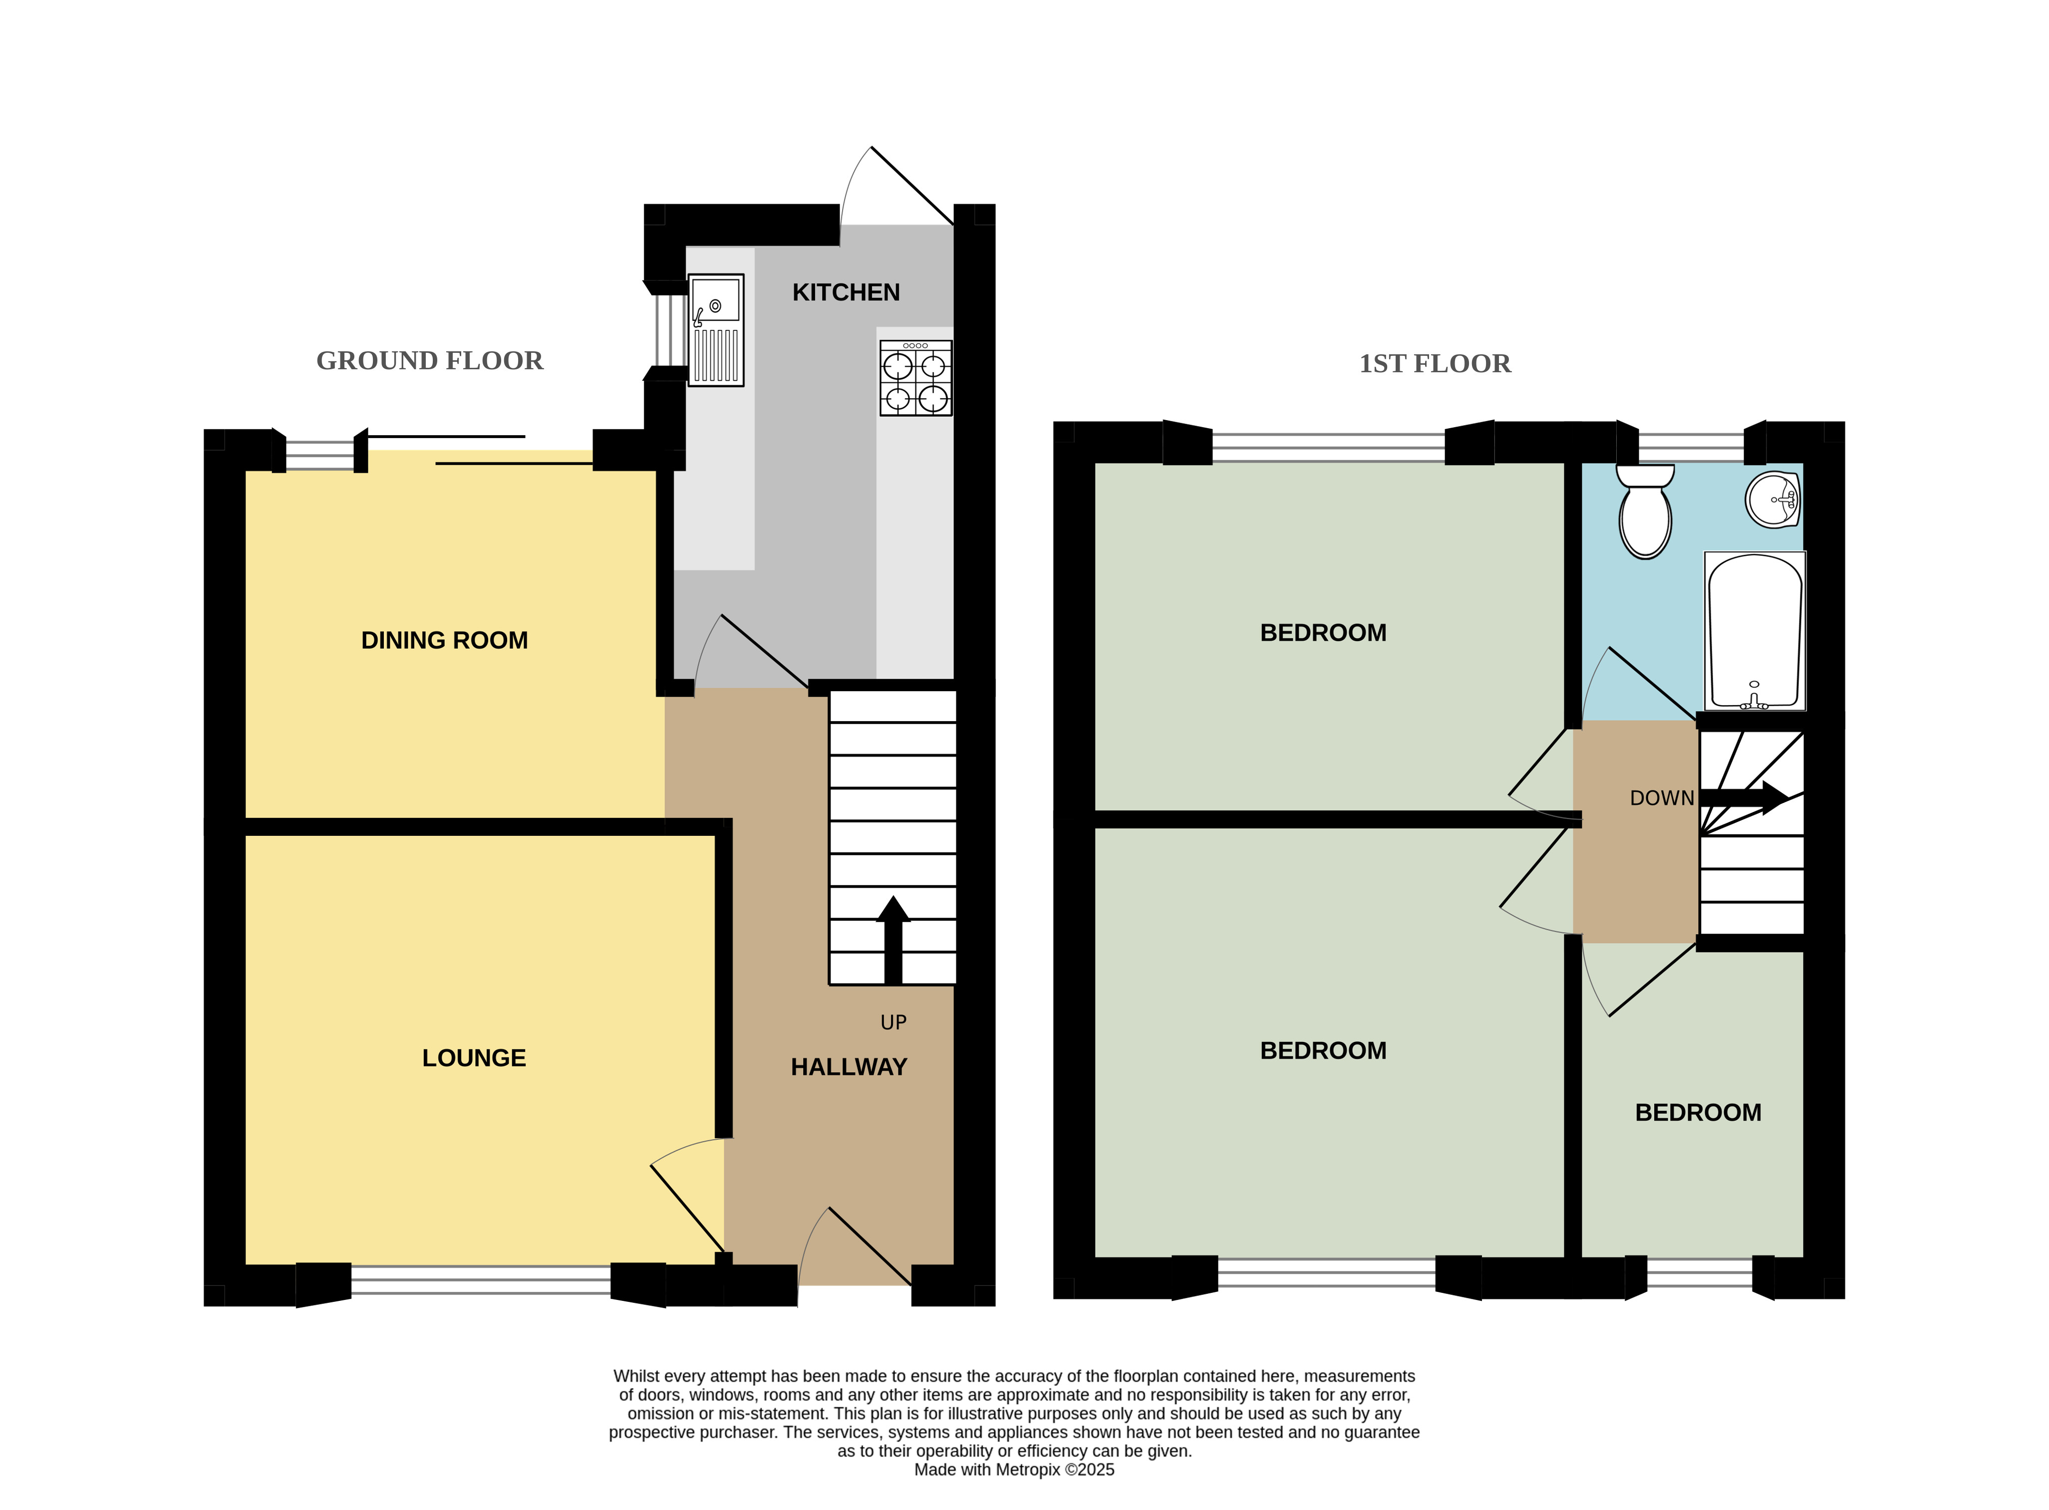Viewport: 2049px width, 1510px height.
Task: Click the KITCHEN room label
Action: point(845,292)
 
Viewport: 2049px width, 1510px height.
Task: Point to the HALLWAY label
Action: point(849,1067)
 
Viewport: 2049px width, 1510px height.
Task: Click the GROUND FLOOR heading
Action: point(430,361)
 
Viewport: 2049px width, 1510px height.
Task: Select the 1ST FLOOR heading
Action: point(1435,364)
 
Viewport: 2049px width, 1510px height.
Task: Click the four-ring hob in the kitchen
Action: point(915,377)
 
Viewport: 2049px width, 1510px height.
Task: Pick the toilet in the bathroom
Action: point(1644,511)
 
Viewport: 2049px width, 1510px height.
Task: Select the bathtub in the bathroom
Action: point(1755,631)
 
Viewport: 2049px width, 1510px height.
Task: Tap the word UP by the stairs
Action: point(893,1023)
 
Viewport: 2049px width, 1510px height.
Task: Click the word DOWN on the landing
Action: point(1661,798)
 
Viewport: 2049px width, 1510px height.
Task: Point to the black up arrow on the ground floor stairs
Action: point(892,940)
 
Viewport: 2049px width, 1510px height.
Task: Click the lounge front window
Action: point(481,1279)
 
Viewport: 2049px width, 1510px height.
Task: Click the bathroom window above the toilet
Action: point(1691,447)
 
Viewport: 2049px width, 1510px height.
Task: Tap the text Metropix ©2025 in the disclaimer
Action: point(1049,1470)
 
